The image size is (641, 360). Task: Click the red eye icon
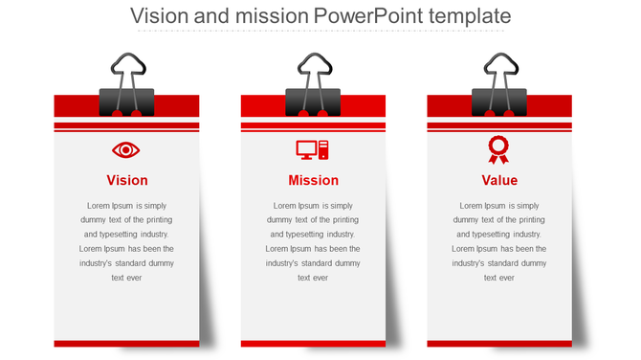point(126,150)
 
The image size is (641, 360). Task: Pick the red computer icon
point(312,150)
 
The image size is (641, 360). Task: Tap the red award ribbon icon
point(498,149)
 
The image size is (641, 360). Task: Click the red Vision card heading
point(126,180)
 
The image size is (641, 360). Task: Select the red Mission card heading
point(313,180)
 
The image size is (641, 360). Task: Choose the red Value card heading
point(499,180)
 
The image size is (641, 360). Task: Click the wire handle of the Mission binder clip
point(313,69)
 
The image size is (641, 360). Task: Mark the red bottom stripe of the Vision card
point(126,343)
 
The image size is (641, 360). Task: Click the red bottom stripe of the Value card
point(499,343)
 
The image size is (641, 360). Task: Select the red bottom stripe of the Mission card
point(313,343)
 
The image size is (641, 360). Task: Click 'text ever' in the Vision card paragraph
point(126,278)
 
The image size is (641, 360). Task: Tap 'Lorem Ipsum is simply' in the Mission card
point(313,206)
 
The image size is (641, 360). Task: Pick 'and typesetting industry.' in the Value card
point(499,235)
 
